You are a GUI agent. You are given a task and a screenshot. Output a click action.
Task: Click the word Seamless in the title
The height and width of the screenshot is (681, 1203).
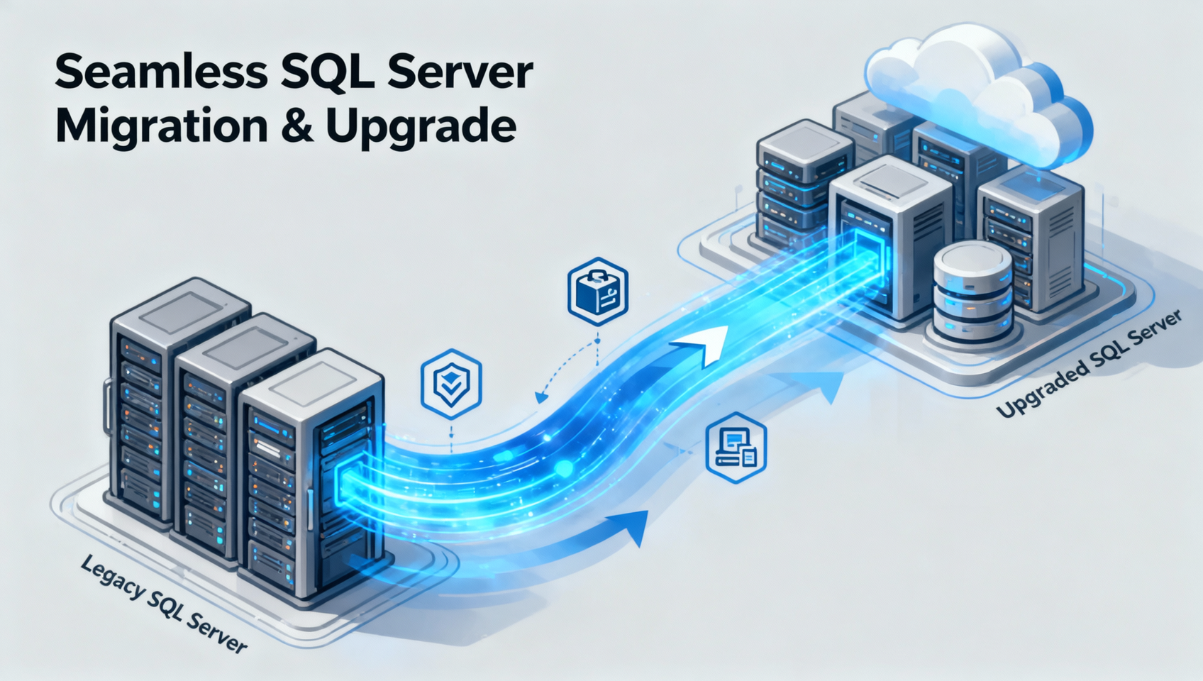point(160,72)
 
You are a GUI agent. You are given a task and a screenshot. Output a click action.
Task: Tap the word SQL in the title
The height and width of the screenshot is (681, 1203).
point(328,73)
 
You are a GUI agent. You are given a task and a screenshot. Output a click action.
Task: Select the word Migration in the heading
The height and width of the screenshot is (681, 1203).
point(162,126)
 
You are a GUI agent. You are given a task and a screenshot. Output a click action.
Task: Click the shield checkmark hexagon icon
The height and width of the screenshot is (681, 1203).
point(451,384)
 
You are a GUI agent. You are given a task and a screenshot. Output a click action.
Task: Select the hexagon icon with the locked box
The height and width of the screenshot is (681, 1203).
point(598,292)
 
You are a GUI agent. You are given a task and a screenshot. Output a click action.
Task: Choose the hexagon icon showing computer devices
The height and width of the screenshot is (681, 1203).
point(736,448)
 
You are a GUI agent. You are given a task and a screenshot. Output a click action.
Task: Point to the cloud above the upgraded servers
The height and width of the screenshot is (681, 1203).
point(977,96)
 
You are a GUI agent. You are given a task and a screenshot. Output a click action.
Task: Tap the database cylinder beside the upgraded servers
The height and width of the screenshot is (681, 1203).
point(972,293)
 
